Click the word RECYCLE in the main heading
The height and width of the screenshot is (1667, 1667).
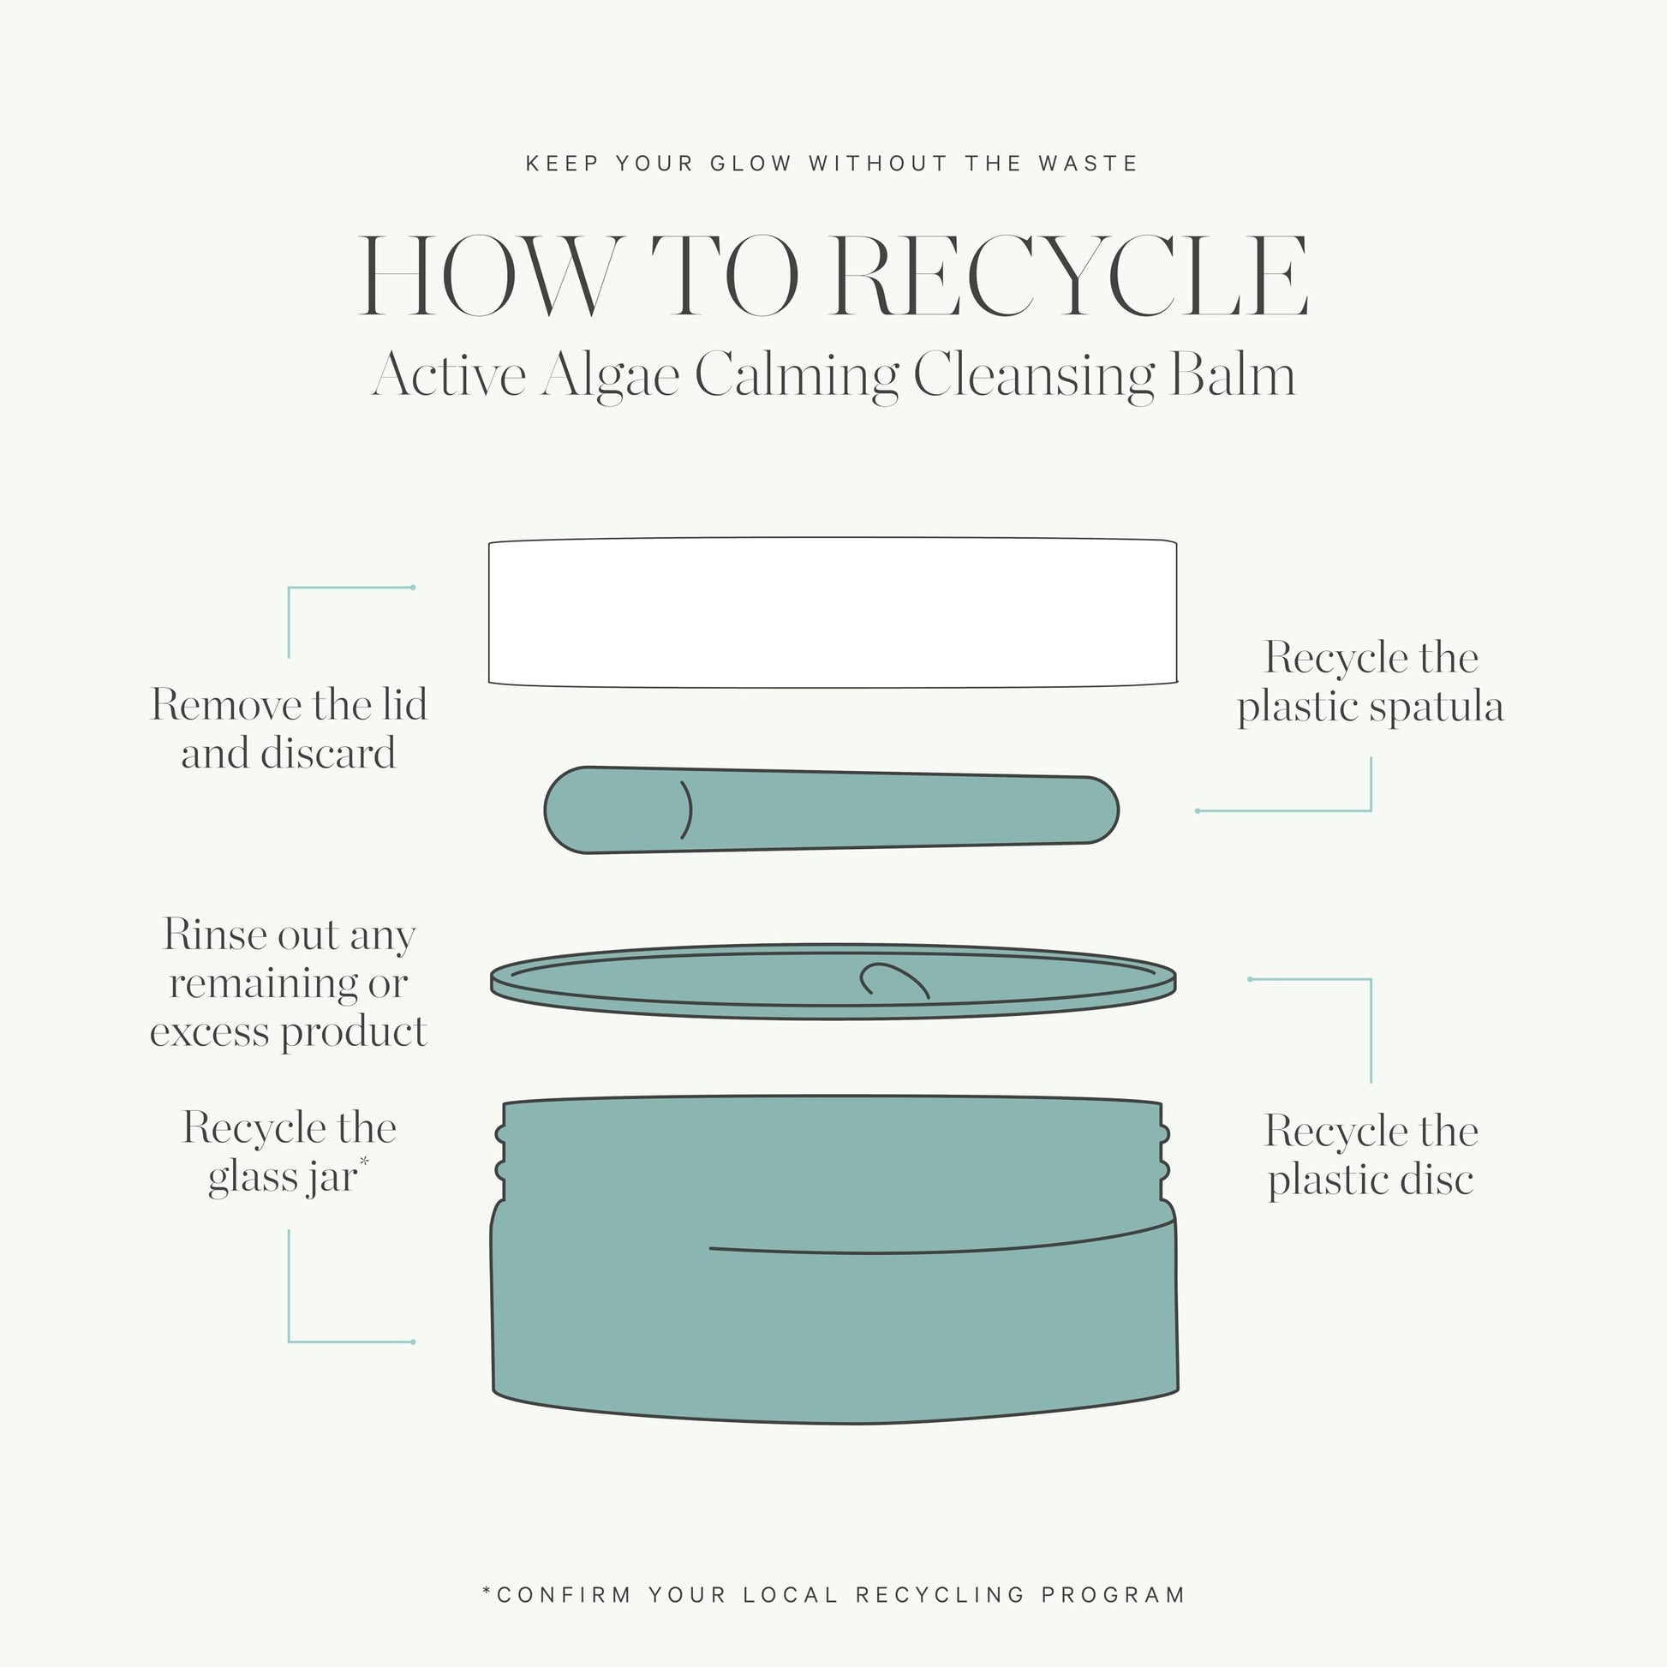click(1072, 276)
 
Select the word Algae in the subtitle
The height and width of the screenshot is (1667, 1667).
click(610, 376)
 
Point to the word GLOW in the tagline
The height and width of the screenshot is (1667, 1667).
click(750, 163)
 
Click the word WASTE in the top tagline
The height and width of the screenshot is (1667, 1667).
click(1088, 163)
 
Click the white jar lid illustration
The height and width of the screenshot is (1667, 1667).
click(833, 612)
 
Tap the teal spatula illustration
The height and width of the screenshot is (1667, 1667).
click(832, 810)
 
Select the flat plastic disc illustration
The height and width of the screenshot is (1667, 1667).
click(833, 982)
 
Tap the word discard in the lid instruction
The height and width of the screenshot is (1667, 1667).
click(328, 753)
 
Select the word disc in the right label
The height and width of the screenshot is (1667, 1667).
click(1435, 1180)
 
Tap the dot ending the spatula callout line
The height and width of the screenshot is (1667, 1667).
click(1198, 811)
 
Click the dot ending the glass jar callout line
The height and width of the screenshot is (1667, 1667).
click(413, 1341)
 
